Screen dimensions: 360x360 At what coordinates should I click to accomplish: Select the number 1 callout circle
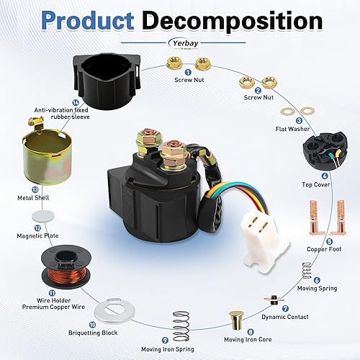pos(187,71)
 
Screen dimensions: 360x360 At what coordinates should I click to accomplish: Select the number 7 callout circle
pos(286,307)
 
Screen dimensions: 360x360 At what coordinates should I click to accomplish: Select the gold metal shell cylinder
pos(42,156)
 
